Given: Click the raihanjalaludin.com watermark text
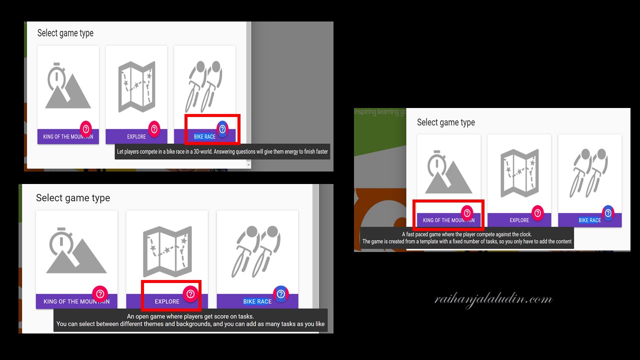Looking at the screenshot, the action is (493, 300).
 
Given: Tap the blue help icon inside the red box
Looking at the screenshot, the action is (222, 129).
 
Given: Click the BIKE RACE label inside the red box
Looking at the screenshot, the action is (204, 137).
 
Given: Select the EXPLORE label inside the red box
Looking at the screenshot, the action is (167, 301).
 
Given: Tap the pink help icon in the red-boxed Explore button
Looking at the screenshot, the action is (190, 293).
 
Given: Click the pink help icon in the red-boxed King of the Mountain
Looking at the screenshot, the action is (467, 213).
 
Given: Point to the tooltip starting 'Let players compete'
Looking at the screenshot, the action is (222, 151).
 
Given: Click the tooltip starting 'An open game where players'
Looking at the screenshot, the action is (190, 320).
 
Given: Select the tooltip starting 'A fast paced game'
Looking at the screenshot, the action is (467, 237).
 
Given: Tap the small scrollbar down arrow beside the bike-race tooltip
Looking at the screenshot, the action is (248, 164).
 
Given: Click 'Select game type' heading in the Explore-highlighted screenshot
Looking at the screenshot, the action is (73, 197).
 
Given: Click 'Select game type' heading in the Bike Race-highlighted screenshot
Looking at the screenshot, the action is (65, 33).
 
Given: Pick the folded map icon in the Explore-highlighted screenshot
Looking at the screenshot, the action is (167, 251).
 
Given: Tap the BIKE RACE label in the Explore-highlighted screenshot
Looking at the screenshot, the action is (257, 301).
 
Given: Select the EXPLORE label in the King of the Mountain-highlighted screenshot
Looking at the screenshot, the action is (519, 220).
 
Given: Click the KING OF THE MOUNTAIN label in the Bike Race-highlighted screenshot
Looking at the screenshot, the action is (68, 137).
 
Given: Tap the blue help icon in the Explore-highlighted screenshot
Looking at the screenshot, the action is (281, 293).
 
